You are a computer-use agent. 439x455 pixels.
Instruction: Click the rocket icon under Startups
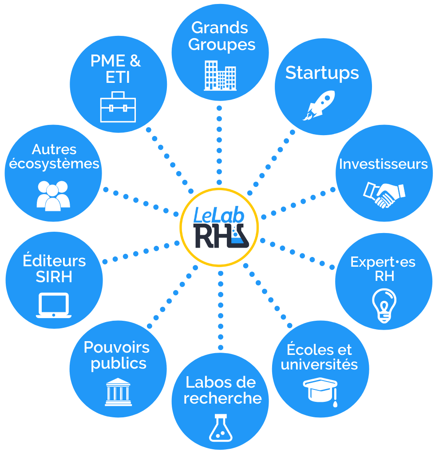click(319, 105)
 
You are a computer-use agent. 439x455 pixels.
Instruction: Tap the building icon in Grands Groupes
click(220, 75)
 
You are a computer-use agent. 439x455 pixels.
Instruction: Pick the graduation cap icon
click(320, 390)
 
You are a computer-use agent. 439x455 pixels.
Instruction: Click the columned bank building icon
click(118, 392)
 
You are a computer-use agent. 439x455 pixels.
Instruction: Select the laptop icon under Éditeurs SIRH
click(54, 305)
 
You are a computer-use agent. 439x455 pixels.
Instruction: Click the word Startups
click(322, 73)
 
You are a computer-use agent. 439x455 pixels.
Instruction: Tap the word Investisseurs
click(384, 164)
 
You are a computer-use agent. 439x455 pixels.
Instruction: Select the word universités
click(319, 365)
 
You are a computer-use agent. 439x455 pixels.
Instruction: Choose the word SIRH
click(54, 277)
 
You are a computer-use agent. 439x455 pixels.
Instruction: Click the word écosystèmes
click(54, 164)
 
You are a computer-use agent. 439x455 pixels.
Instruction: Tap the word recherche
click(222, 398)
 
